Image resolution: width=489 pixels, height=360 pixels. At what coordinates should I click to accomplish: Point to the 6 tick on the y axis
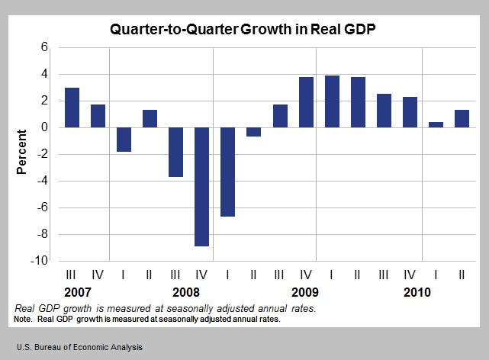(x=44, y=47)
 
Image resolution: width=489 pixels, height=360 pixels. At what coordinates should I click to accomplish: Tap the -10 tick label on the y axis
(x=40, y=261)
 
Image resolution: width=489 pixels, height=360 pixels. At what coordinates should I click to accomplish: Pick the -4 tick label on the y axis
(x=42, y=181)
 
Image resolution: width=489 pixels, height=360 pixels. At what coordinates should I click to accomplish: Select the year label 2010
(x=416, y=292)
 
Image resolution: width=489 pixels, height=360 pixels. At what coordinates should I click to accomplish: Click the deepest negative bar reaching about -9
(x=201, y=186)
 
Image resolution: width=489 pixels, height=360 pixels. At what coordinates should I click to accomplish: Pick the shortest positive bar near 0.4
(x=436, y=124)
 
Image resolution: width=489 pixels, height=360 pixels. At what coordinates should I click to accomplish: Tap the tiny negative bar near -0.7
(x=253, y=131)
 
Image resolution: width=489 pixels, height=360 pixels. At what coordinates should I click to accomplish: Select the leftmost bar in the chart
(x=72, y=108)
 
